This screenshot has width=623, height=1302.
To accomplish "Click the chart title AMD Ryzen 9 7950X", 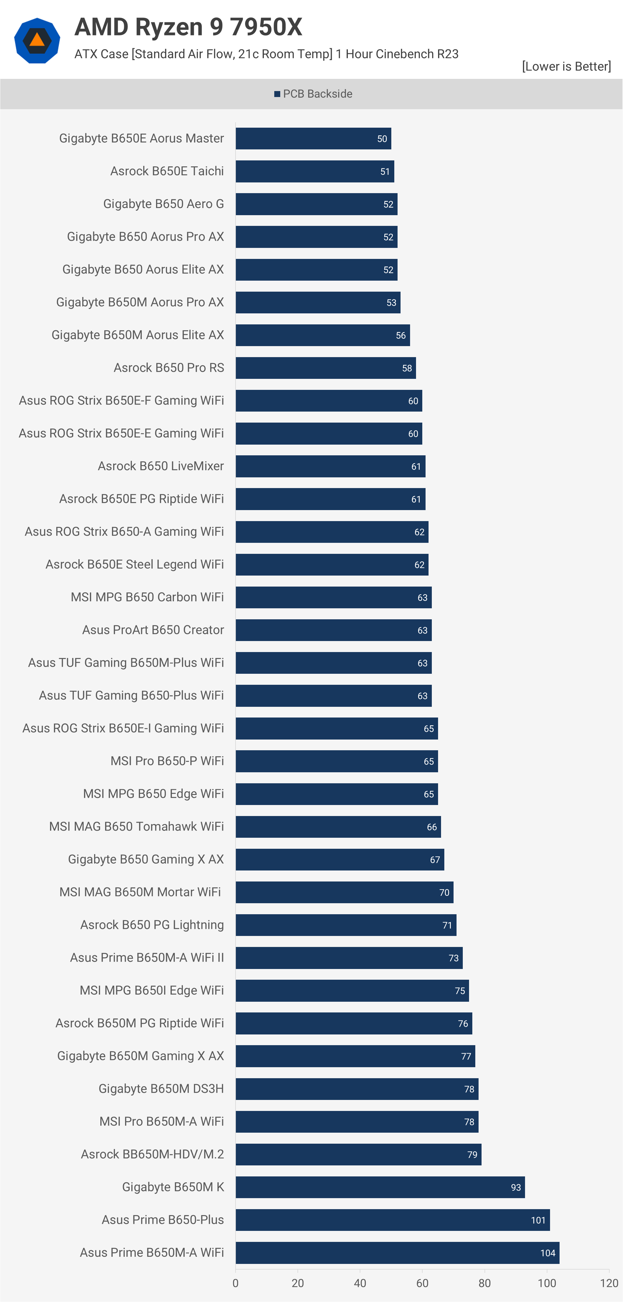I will pyautogui.click(x=188, y=27).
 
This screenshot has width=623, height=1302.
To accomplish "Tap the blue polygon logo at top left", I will pyautogui.click(x=37, y=40).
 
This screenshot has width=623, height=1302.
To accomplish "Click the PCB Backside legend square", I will pyautogui.click(x=277, y=94).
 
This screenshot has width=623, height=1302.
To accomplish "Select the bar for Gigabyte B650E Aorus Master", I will pyautogui.click(x=313, y=138).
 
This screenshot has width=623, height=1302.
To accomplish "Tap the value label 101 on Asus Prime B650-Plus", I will pyautogui.click(x=538, y=1220).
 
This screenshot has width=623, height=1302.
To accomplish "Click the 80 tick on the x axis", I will pyautogui.click(x=485, y=1283).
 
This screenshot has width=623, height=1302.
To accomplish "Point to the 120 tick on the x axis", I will pyautogui.click(x=609, y=1283).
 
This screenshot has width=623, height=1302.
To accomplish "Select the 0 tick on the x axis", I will pyautogui.click(x=236, y=1283).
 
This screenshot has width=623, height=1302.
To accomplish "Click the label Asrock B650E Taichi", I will pyautogui.click(x=167, y=171).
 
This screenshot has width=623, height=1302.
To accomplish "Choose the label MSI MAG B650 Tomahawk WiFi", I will pyautogui.click(x=136, y=826).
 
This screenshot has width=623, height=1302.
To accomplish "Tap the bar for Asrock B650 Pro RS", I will pyautogui.click(x=326, y=368).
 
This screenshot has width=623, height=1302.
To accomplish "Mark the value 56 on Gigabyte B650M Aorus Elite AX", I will pyautogui.click(x=401, y=336).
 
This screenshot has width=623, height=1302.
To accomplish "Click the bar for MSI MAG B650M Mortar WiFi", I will pyautogui.click(x=344, y=892).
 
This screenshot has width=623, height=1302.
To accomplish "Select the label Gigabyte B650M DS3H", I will pyautogui.click(x=161, y=1089).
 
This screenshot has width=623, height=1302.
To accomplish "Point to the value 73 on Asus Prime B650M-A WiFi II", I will pyautogui.click(x=454, y=958).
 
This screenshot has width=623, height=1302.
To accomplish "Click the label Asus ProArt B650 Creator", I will pyautogui.click(x=153, y=630).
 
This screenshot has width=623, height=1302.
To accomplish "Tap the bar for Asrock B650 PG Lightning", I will pyautogui.click(x=346, y=925).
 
